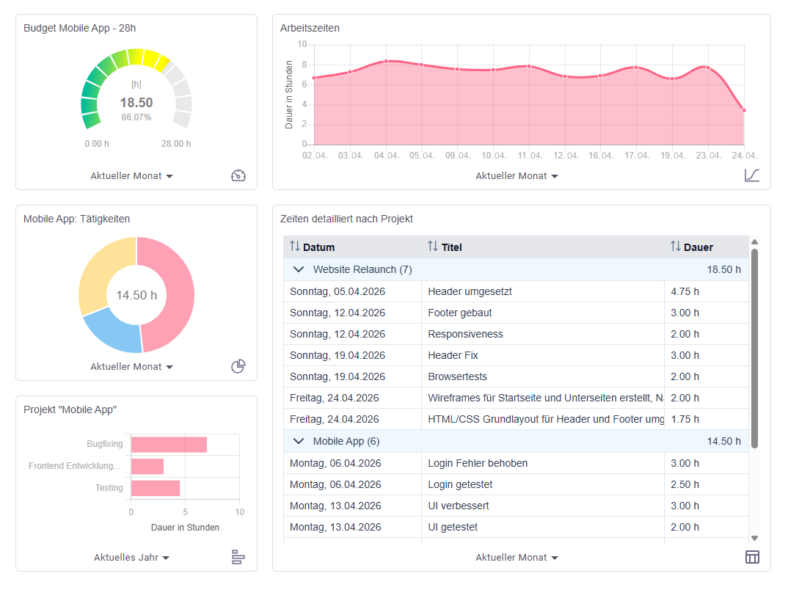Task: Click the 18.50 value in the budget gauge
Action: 136,103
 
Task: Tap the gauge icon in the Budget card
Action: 238,175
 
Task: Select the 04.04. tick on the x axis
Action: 387,156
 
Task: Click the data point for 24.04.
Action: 744,111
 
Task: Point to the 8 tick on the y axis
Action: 304,65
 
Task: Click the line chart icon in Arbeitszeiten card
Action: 752,175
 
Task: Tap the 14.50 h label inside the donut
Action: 136,295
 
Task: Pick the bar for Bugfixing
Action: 169,444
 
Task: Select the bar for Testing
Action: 156,488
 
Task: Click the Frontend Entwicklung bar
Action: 147,466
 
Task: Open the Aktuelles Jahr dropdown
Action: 131,557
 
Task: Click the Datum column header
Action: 312,247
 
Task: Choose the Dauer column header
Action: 691,247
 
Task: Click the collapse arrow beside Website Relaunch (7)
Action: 299,269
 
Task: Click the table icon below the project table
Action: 752,557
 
